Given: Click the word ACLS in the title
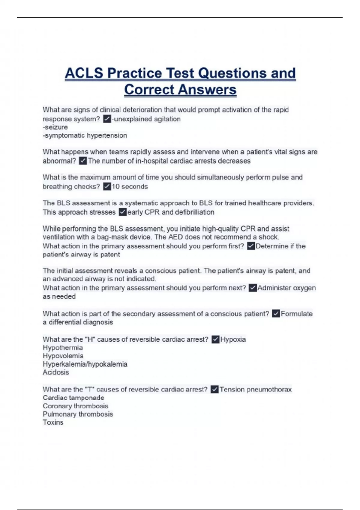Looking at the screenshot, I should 84,73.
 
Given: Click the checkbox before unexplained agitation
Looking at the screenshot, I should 107,119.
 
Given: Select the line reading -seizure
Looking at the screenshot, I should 55,127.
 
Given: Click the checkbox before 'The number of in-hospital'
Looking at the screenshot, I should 83,161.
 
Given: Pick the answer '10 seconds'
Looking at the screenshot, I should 130,187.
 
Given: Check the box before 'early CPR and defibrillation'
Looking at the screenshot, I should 122,212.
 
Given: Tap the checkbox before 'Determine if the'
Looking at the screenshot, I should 251,246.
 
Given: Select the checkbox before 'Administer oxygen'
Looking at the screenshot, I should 253,288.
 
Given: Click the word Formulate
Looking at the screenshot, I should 296,314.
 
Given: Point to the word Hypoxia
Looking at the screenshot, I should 233,340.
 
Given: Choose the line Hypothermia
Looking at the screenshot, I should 63,348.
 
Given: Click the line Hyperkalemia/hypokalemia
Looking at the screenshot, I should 85,364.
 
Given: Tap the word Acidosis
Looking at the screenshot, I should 56,372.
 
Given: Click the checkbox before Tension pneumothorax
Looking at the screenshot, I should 214,389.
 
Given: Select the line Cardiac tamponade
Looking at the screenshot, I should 73,398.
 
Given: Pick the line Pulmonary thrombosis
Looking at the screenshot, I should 78,414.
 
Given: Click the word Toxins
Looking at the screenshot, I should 53,422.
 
